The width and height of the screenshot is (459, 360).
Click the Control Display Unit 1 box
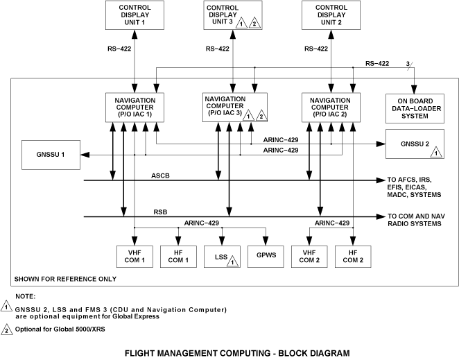[x=134, y=15]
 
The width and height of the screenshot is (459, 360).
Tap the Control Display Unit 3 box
[x=232, y=15]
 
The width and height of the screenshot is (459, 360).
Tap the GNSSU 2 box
[x=412, y=147]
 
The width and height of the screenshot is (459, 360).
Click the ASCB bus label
[x=160, y=175]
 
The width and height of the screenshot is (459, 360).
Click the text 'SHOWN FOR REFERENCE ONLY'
[x=64, y=279]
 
